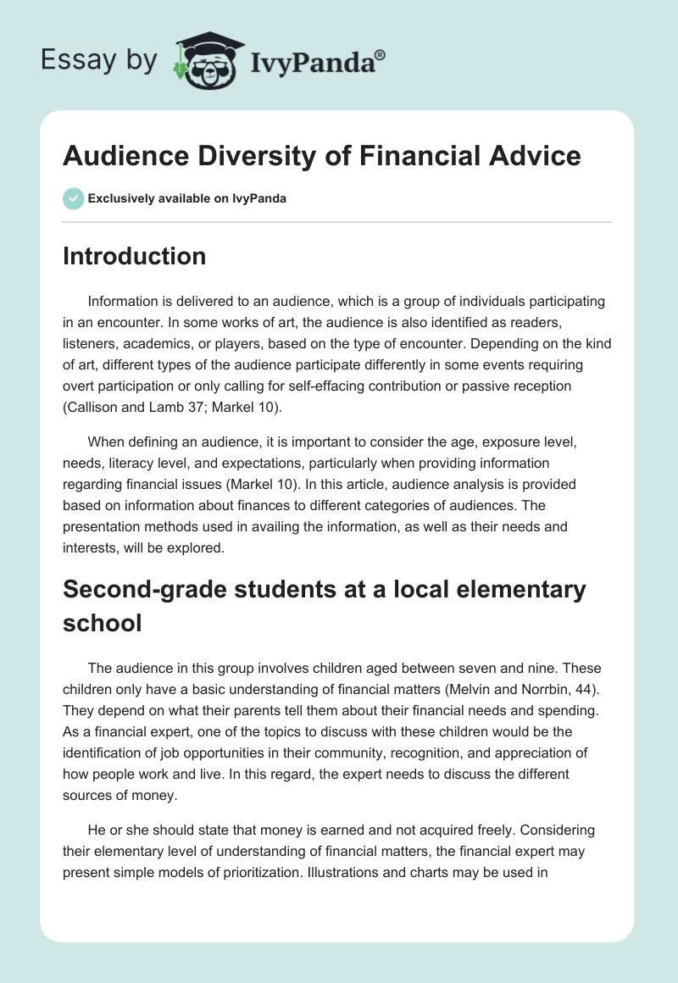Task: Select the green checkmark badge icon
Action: coord(72,198)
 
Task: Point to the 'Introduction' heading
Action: coord(134,256)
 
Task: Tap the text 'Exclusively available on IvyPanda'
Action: coord(187,199)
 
